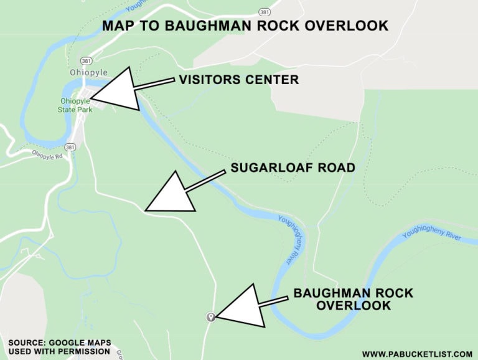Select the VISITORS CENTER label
(x=239, y=80)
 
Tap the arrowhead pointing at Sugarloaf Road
(x=169, y=194)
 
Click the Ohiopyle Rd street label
(x=47, y=154)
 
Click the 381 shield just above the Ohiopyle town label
(x=85, y=60)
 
